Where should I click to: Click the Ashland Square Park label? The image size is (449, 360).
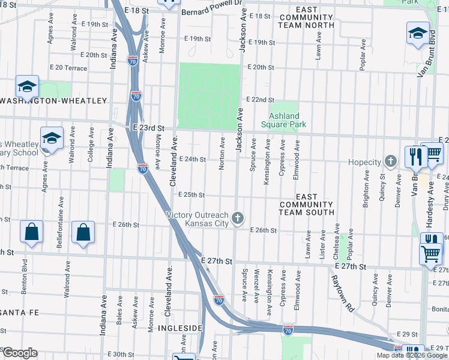click(283, 120)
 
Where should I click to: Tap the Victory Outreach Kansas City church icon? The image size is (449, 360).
click(238, 218)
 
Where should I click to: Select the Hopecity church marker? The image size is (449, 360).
click(391, 161)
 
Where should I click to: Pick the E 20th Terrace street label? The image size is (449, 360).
click(68, 68)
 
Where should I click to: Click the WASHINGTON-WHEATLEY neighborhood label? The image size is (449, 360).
click(53, 101)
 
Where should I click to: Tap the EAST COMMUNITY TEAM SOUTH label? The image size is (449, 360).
click(306, 205)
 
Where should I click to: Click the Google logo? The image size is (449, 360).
click(19, 352)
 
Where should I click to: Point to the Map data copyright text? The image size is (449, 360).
click(411, 355)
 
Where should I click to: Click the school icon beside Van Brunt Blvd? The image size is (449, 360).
click(418, 34)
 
